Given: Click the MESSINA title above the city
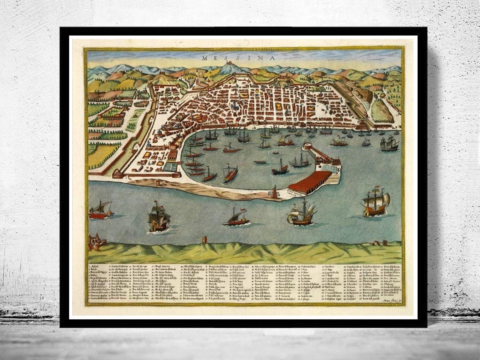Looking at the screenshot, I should coord(239,58).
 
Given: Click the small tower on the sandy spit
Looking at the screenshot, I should coord(158,183).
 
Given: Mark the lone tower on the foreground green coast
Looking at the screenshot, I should coord(204,240).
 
